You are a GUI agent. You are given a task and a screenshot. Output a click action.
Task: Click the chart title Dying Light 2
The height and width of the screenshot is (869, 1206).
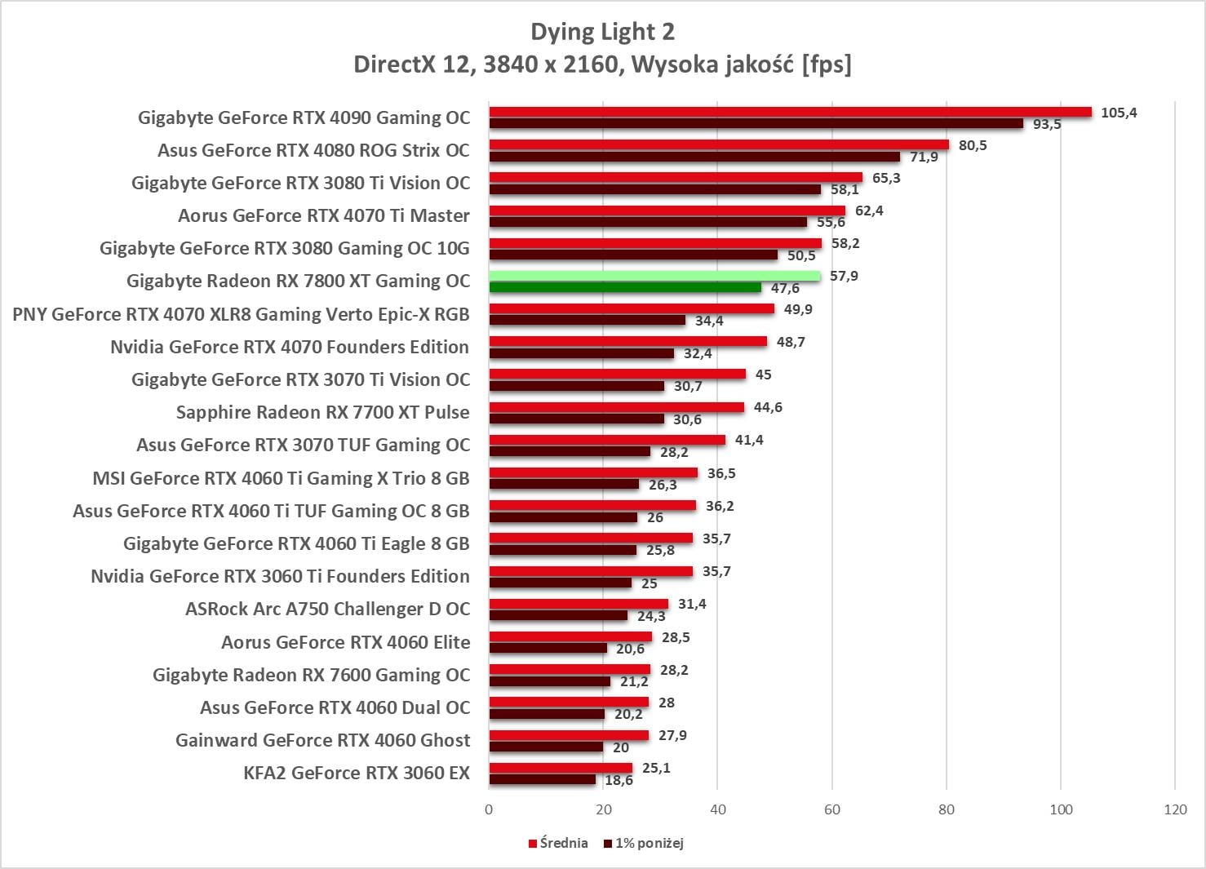click(x=602, y=32)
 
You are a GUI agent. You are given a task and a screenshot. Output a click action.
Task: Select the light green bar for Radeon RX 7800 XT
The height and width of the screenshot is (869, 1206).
click(x=654, y=277)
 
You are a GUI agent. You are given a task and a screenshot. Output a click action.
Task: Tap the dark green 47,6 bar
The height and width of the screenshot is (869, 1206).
click(x=625, y=287)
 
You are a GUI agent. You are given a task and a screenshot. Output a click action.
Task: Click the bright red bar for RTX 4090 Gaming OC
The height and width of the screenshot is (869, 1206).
click(x=790, y=112)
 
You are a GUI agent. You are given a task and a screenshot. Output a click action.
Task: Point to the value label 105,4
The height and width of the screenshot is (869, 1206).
click(x=1118, y=113)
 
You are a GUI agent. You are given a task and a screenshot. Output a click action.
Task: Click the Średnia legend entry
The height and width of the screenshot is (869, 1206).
click(x=558, y=843)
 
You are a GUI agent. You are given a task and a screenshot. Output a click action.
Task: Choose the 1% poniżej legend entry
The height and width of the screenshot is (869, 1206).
click(x=644, y=843)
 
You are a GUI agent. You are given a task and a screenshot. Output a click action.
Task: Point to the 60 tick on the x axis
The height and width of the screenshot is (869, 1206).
click(x=831, y=809)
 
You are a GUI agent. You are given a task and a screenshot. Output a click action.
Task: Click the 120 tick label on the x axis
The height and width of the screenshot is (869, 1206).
click(x=1175, y=809)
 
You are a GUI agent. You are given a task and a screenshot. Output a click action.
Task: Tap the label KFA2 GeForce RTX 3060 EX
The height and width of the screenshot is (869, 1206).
click(x=357, y=773)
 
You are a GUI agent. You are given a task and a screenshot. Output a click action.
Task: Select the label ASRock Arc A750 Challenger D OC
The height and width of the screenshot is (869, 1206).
click(x=327, y=609)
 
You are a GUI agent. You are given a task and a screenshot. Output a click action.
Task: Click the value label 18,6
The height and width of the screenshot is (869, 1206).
click(x=619, y=781)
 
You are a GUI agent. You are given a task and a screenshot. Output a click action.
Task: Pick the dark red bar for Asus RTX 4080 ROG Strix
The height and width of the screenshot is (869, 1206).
click(x=694, y=157)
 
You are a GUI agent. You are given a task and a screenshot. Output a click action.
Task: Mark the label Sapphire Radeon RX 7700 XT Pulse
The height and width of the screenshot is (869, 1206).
click(x=322, y=412)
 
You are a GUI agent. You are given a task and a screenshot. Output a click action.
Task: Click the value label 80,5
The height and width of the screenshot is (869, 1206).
click(x=972, y=145)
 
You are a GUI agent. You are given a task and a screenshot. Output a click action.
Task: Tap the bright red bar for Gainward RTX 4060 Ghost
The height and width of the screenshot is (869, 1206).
click(x=569, y=735)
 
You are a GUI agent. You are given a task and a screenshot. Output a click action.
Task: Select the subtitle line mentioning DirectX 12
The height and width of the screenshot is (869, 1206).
click(x=602, y=64)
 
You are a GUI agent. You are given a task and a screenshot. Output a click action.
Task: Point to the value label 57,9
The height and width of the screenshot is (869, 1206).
click(x=844, y=276)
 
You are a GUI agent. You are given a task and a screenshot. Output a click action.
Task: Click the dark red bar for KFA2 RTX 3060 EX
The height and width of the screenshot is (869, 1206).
click(x=543, y=779)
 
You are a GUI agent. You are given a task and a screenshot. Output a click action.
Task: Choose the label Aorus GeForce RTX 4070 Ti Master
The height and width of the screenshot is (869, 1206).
click(x=324, y=215)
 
